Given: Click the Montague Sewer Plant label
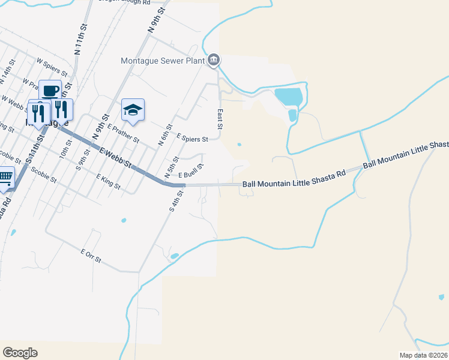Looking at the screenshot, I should [x=163, y=61].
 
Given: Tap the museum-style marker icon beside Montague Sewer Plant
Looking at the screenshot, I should [x=214, y=60].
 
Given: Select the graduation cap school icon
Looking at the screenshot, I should [x=133, y=110].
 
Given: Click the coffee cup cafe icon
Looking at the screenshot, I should [x=50, y=91].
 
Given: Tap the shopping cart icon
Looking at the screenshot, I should [x=5, y=178].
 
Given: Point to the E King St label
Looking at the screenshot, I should [x=108, y=182].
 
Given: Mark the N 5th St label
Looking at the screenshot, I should [x=172, y=167].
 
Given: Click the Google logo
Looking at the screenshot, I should [x=20, y=353].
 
